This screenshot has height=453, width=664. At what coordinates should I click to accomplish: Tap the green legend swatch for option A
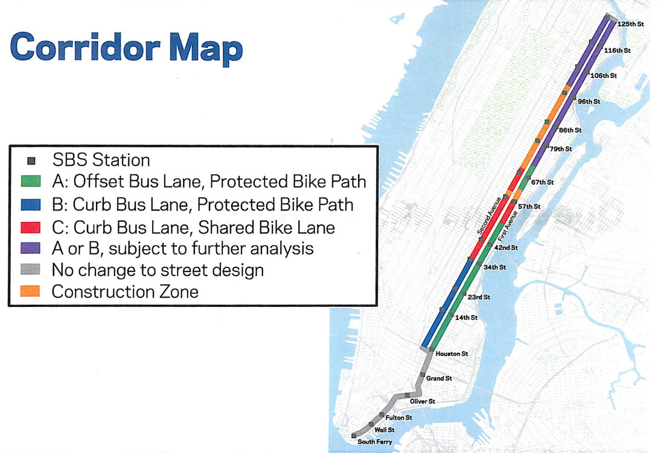(31, 182)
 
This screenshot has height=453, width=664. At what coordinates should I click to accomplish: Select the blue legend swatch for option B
(31, 204)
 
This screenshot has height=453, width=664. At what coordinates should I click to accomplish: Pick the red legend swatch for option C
(31, 227)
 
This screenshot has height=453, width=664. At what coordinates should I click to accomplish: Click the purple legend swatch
(31, 249)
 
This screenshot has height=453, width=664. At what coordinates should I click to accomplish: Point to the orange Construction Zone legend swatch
(31, 291)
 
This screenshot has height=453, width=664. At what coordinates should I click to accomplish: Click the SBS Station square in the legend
(31, 160)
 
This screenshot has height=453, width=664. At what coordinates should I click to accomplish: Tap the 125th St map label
(631, 24)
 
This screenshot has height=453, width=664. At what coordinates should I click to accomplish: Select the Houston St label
(452, 353)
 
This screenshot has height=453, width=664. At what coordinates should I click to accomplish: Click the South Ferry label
(375, 442)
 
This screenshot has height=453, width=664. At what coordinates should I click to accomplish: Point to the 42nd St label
(506, 248)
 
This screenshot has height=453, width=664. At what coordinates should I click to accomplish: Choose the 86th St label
(570, 130)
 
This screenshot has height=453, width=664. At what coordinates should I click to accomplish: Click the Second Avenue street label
(489, 216)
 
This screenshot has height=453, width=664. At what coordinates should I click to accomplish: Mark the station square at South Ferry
(354, 436)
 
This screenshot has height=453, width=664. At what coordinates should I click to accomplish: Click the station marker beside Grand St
(423, 375)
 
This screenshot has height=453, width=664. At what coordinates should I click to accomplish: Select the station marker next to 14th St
(452, 315)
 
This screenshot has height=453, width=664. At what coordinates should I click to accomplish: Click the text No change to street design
(158, 270)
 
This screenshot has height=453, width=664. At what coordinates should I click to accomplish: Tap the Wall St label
(385, 430)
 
